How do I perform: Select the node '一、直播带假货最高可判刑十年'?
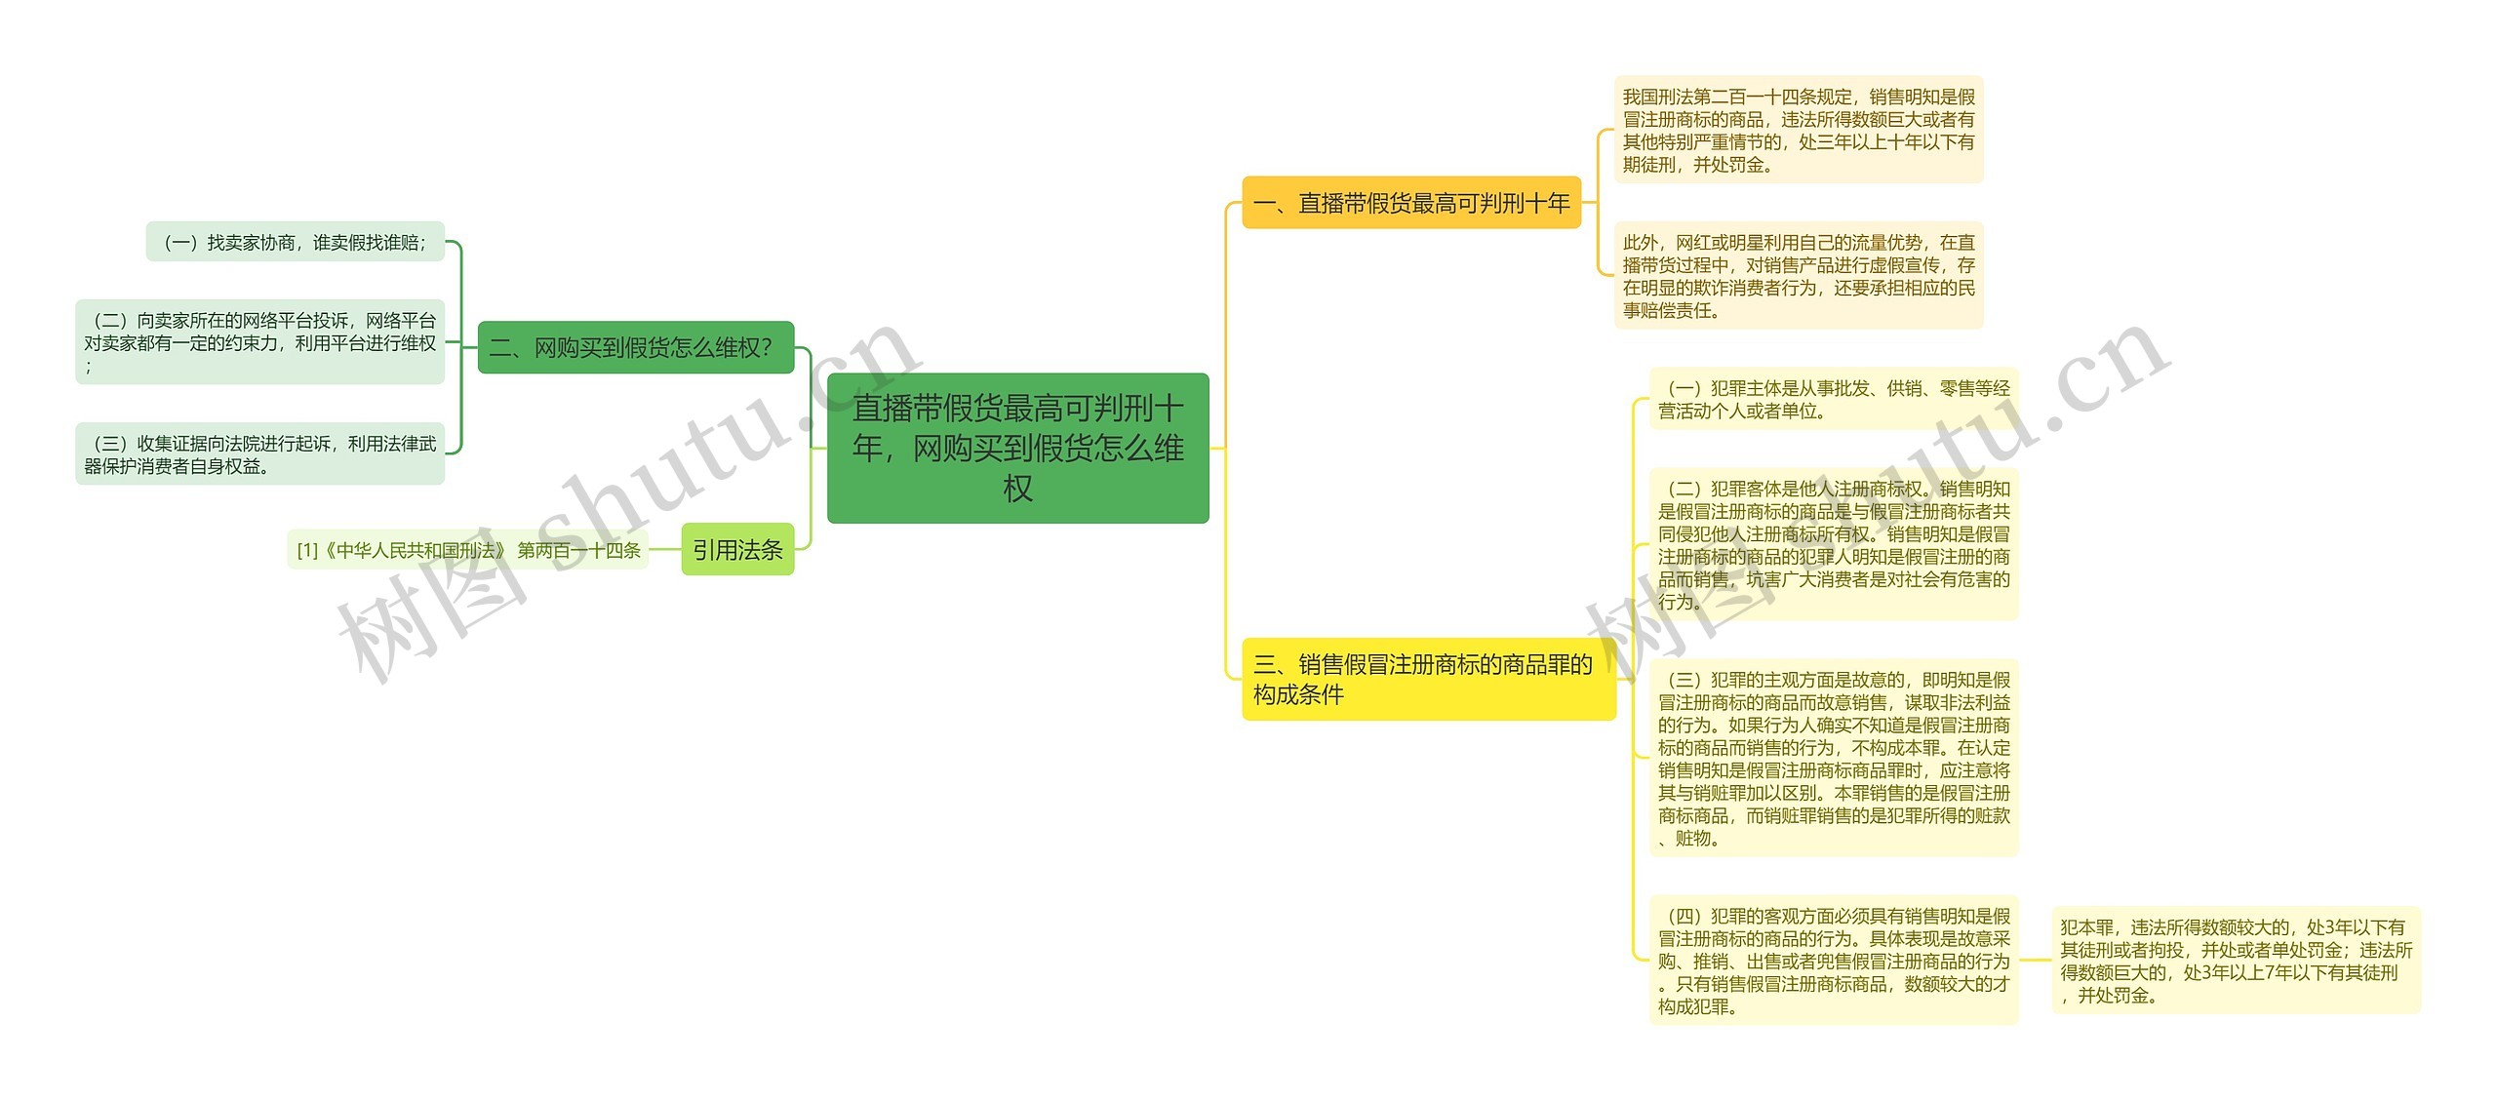(x=1410, y=203)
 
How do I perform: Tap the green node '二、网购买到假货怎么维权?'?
(x=635, y=347)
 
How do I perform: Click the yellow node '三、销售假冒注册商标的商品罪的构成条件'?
(x=1427, y=679)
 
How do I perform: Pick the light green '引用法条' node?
(x=737, y=550)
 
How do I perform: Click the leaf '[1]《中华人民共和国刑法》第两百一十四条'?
(x=468, y=550)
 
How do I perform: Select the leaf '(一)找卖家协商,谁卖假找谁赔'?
(x=295, y=242)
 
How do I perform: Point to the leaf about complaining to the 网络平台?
(x=259, y=341)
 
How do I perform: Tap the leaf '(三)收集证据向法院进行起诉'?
(x=259, y=454)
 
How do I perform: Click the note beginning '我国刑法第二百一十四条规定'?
(x=1798, y=130)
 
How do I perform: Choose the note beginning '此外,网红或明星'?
(x=1798, y=275)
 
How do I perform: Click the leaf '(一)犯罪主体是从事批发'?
(x=1833, y=399)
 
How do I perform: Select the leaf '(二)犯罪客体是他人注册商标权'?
(x=1833, y=544)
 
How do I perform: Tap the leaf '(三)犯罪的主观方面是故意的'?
(x=1833, y=758)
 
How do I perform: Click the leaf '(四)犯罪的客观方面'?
(x=1833, y=961)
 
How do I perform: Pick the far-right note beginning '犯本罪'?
(x=2235, y=961)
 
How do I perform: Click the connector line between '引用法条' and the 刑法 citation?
(x=665, y=550)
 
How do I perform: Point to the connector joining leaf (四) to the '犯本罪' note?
(x=2036, y=961)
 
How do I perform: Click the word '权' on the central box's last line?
(x=1017, y=489)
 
